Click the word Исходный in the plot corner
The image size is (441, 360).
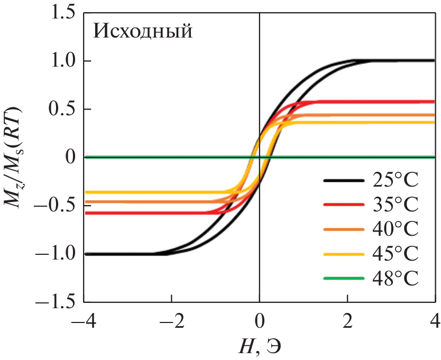142,32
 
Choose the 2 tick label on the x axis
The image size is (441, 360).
347,321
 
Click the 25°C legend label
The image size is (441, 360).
393,182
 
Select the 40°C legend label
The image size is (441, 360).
393,229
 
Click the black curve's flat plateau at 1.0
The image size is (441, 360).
402,60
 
